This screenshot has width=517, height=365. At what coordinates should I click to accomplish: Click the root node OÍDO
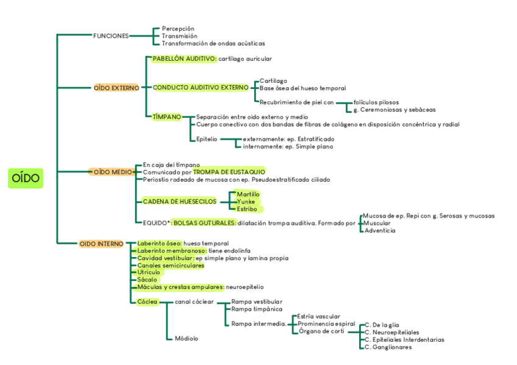26,178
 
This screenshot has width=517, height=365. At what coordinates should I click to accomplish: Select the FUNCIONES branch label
110,36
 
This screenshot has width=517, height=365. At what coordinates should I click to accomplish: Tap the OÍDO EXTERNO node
116,88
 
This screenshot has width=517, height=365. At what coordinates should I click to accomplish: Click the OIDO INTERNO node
101,244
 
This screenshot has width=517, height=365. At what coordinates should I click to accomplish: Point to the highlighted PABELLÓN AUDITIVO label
184,58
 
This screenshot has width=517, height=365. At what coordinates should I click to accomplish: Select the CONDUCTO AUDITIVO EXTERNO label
201,88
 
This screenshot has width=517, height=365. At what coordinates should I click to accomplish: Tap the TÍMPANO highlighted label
166,116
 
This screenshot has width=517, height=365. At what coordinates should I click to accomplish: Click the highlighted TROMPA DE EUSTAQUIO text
229,172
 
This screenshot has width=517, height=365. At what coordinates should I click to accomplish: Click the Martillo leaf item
248,194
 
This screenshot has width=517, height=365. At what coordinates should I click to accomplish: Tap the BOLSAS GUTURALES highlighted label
204,223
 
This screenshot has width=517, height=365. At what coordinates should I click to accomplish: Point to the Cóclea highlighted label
147,302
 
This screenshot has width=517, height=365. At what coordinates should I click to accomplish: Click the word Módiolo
186,338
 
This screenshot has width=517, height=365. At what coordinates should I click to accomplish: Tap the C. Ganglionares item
388,347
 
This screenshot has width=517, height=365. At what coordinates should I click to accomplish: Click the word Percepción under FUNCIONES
178,29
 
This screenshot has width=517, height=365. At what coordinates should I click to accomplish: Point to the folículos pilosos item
376,102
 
